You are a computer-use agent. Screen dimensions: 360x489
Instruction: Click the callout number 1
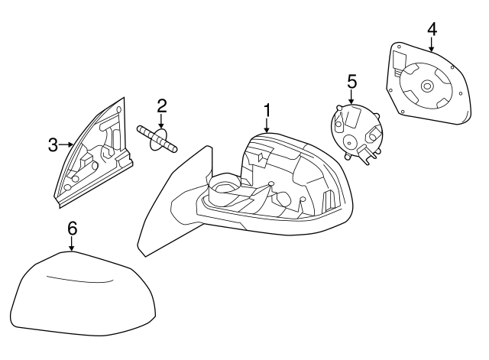267,110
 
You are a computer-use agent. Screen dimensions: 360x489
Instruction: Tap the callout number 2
161,105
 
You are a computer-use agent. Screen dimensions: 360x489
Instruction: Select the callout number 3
53,144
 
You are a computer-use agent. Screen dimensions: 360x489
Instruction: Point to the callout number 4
432,29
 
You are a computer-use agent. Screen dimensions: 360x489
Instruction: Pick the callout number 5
351,80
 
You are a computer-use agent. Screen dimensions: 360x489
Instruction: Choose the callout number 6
72,227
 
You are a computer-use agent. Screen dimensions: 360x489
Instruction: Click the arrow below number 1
267,128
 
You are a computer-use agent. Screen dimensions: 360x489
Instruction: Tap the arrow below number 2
161,121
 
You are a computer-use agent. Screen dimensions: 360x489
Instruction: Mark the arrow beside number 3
66,144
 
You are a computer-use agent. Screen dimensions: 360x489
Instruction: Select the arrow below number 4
432,45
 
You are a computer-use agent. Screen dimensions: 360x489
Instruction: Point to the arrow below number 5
351,97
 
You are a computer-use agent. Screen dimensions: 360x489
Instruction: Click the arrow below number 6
72,243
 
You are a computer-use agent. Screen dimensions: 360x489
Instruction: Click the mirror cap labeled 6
73,294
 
